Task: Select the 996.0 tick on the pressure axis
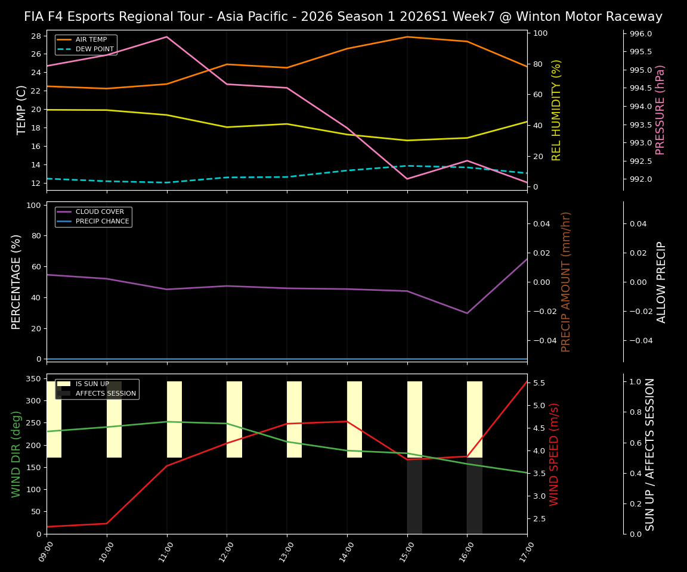(x=640, y=34)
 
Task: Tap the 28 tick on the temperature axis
(x=36, y=36)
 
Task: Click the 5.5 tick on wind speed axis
(x=539, y=383)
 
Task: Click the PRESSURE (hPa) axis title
(x=660, y=110)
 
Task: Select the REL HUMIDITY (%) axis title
(x=556, y=110)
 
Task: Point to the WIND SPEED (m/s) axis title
(x=555, y=453)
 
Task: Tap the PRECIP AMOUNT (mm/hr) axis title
(x=566, y=281)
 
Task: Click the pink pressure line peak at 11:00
(x=167, y=37)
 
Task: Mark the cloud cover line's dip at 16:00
(x=467, y=313)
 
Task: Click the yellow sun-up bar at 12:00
(x=234, y=419)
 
